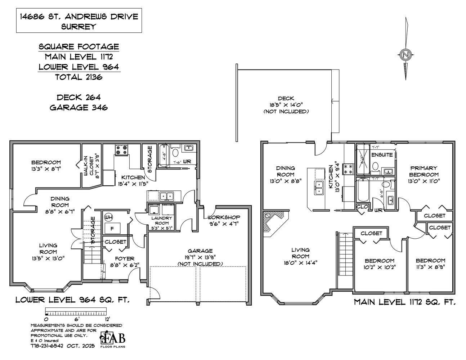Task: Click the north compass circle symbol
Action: point(405,55)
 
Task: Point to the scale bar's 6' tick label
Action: point(76,319)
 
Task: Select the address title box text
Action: point(79,21)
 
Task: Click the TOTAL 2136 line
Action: point(79,77)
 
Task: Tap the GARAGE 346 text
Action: point(79,107)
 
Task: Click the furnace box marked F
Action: point(112,228)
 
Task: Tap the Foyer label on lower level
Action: point(124,261)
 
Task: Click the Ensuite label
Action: point(382,155)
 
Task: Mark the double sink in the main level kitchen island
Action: point(319,188)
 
